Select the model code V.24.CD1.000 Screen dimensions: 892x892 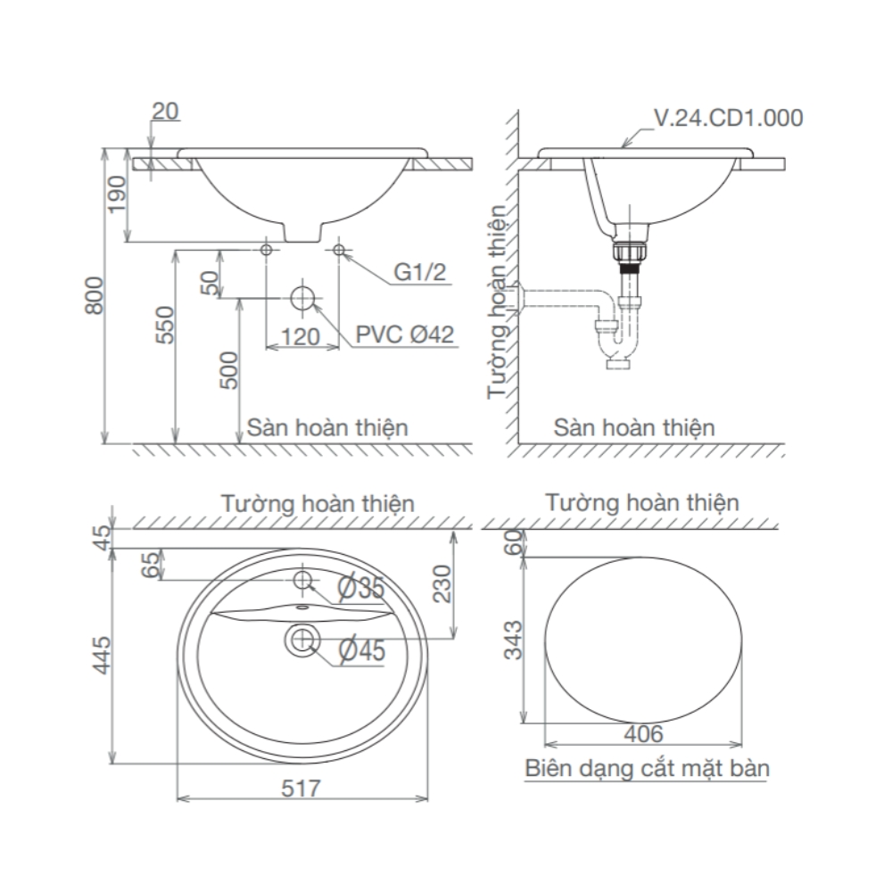tap(728, 118)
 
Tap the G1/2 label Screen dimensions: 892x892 tap(420, 273)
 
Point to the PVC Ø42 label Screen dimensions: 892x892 tap(405, 334)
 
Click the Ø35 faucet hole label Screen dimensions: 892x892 tap(360, 588)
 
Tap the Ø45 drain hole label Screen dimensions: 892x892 tap(361, 652)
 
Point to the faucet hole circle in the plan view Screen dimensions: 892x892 tap(302, 581)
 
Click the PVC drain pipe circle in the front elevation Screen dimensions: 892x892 tap(303, 297)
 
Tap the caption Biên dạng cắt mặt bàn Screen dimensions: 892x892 tap(647, 768)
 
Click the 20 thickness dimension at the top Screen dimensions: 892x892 tap(165, 111)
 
